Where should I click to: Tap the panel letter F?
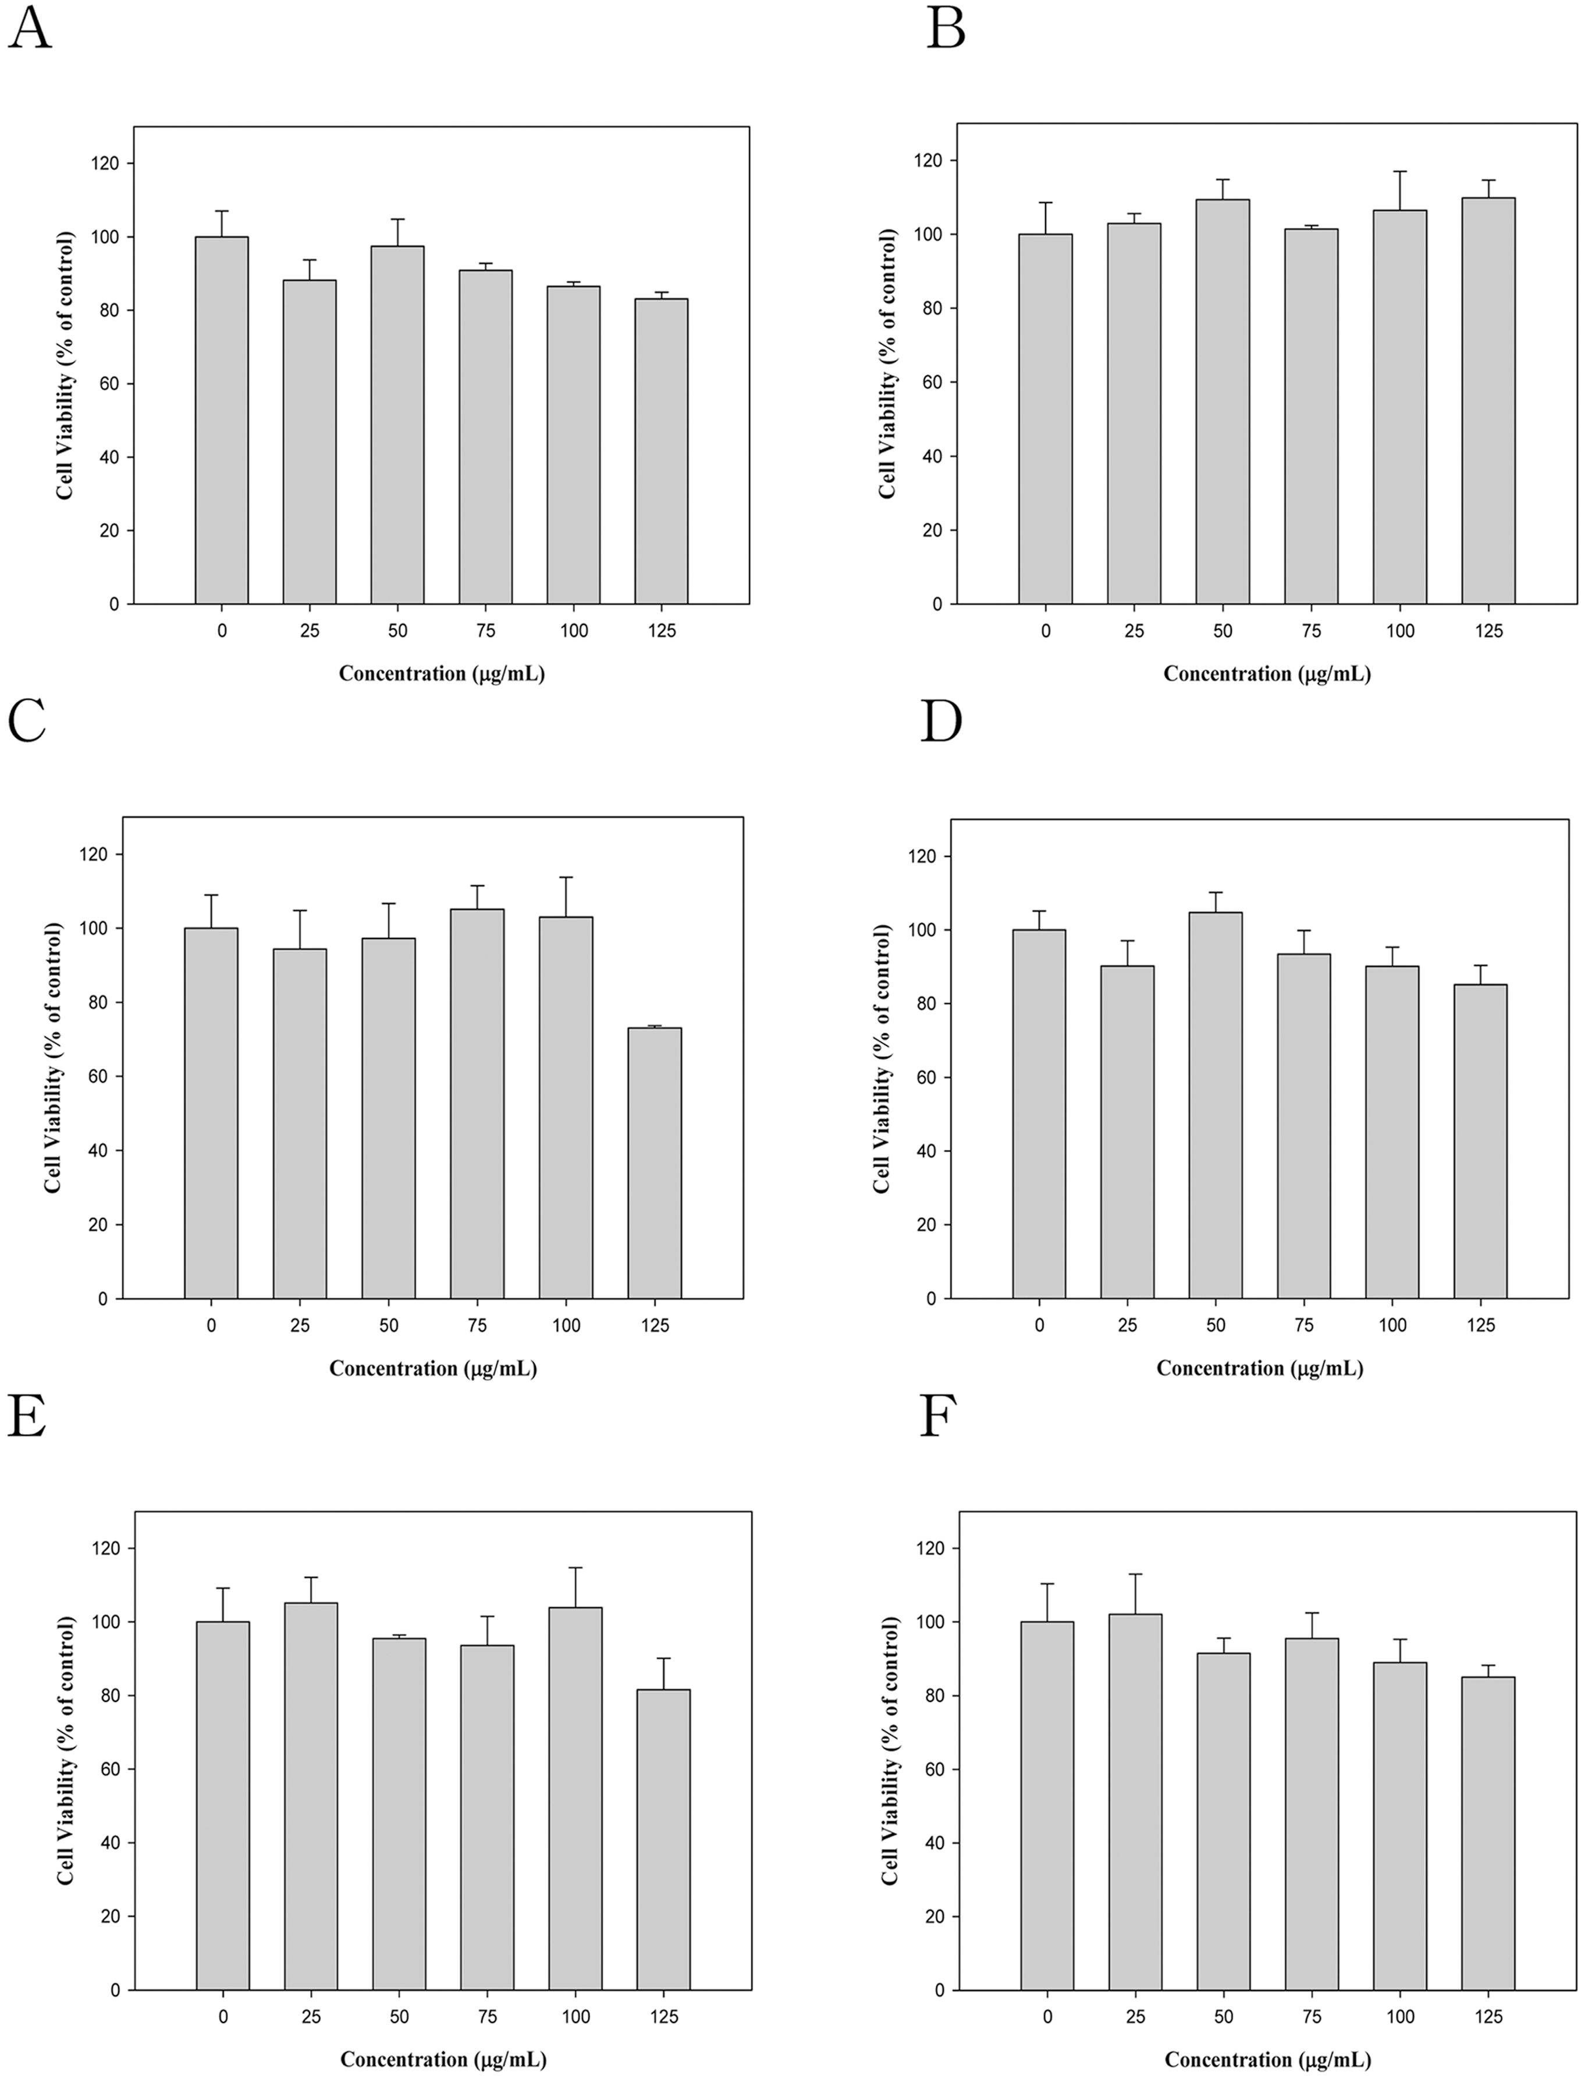click(937, 1416)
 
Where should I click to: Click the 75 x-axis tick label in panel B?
click(1311, 631)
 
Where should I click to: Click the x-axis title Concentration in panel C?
click(433, 1368)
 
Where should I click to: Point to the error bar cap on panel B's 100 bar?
click(1399, 171)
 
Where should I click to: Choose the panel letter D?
click(940, 723)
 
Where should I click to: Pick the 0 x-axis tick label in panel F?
click(1047, 2017)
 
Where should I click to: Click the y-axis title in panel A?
click(65, 365)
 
